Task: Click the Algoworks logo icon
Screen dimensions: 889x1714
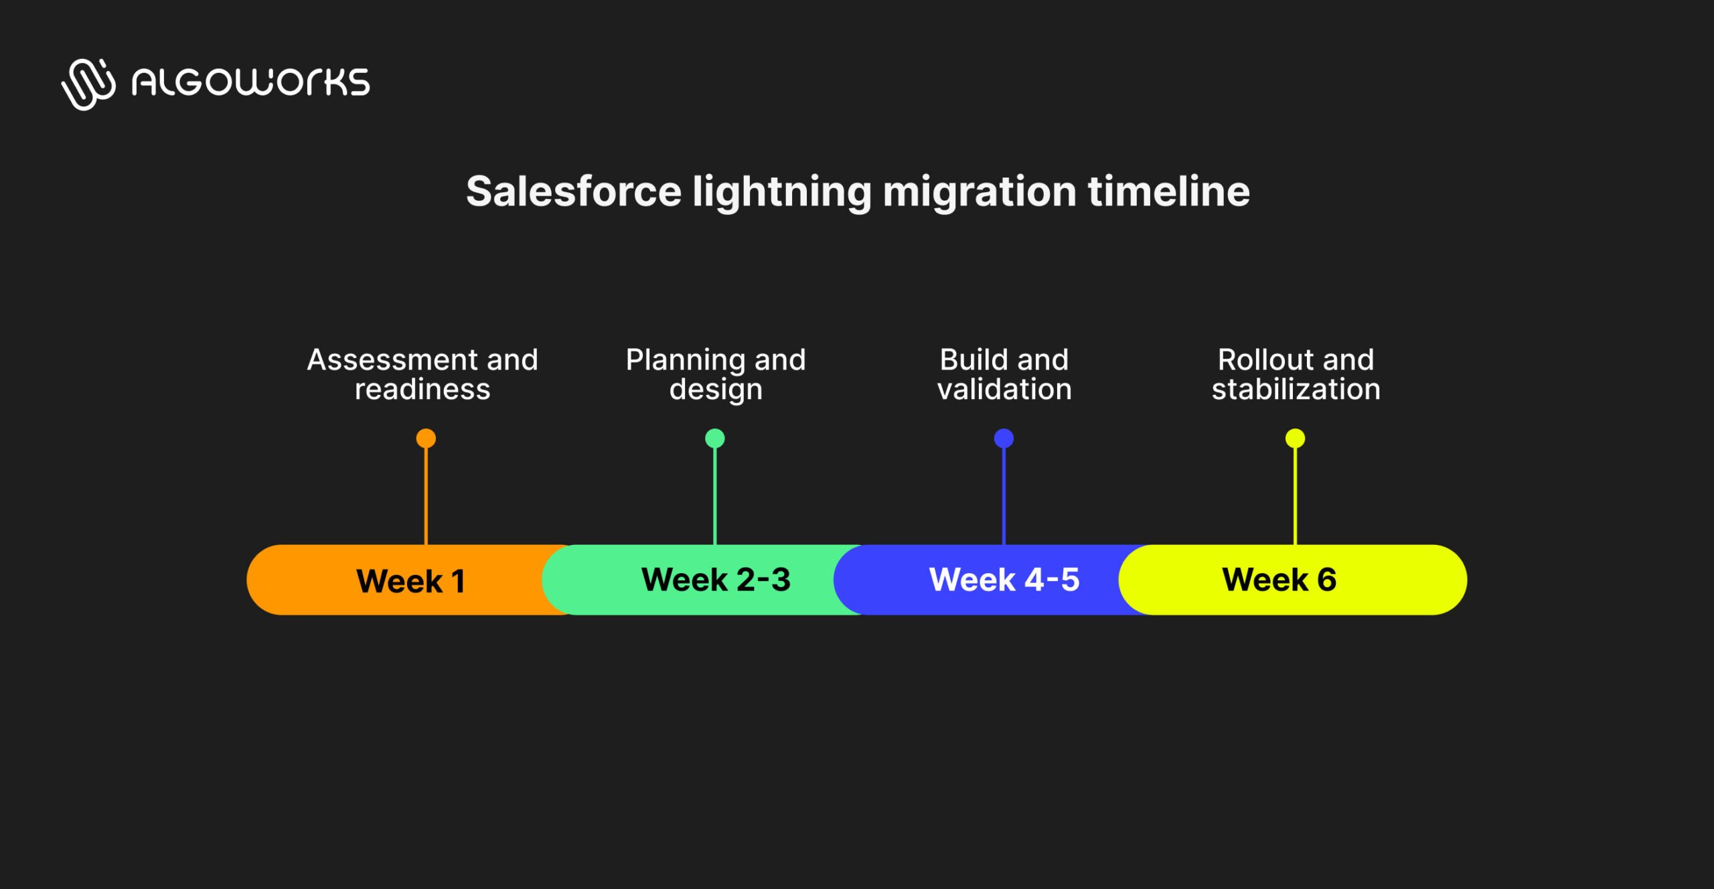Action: coord(88,84)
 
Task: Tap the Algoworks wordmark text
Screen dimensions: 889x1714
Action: coord(250,83)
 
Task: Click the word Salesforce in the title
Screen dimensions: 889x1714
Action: coord(574,191)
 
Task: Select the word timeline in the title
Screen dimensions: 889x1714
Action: coord(1168,191)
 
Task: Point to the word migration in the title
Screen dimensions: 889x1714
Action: coord(980,193)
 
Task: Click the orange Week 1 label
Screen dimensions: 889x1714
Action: coord(410,580)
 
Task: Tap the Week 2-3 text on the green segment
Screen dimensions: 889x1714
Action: coord(716,579)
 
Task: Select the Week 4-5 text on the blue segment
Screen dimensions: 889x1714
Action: coord(1004,579)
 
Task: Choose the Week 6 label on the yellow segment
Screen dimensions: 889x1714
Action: coord(1279,579)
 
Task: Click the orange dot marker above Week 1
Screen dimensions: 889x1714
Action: coord(426,438)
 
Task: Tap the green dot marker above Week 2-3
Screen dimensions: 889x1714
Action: coord(715,438)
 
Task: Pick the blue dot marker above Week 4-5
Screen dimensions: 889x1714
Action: coord(1004,438)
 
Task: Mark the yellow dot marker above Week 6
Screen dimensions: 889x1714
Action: coord(1295,438)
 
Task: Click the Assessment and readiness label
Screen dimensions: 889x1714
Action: coord(422,374)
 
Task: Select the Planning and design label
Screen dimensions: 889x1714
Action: coord(716,374)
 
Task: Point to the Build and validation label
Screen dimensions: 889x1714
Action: coord(1004,374)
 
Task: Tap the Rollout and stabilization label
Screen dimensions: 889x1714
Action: coord(1296,374)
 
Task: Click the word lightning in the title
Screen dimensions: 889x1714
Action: coord(781,193)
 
